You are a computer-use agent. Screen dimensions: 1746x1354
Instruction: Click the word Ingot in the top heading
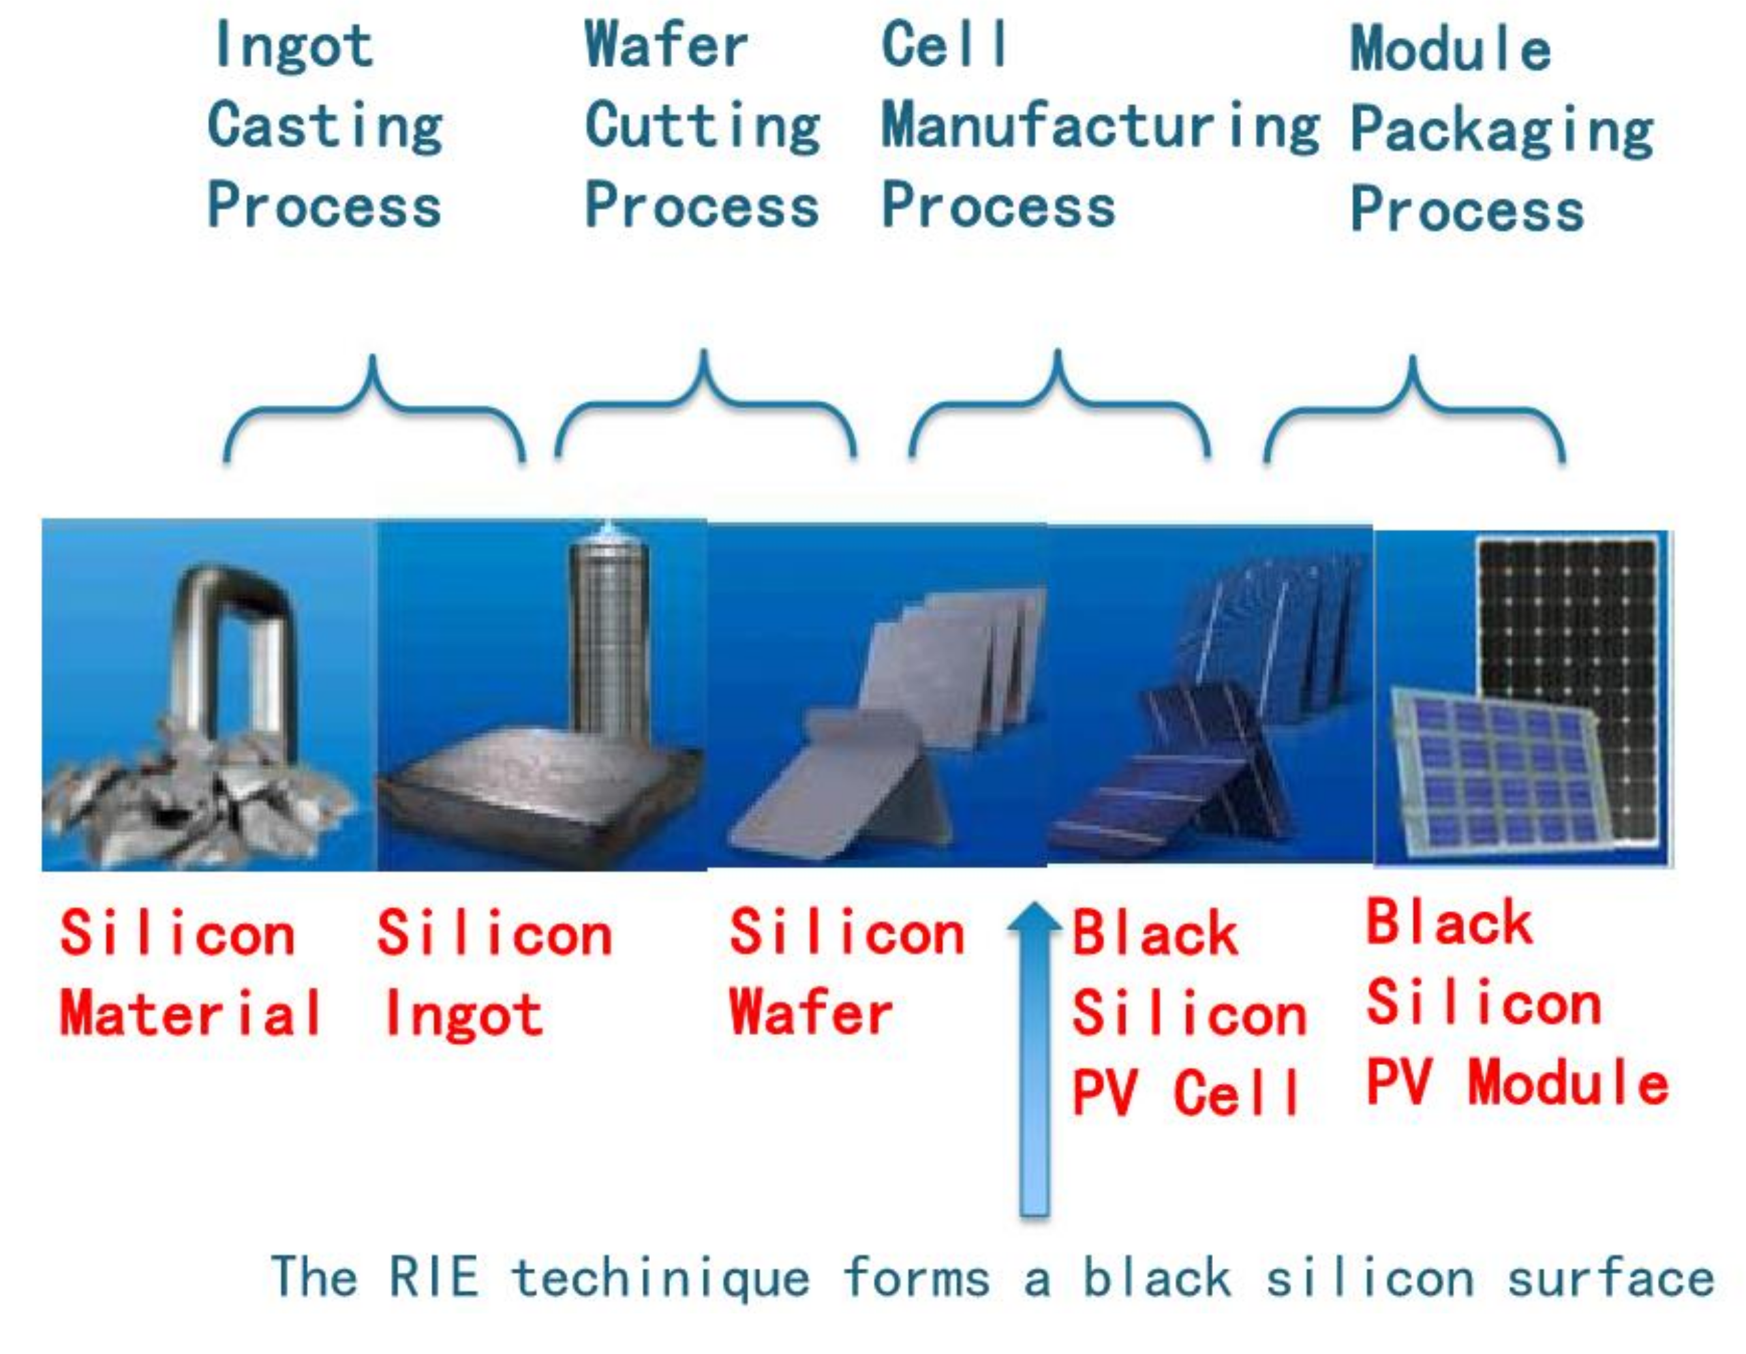294,47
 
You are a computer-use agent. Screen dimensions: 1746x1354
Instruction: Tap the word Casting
324,127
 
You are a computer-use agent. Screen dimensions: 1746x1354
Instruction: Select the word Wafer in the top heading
666,45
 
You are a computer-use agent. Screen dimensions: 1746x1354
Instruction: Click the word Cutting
703,127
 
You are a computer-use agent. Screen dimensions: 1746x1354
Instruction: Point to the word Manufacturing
1100,127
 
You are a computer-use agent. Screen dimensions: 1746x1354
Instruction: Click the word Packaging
1502,130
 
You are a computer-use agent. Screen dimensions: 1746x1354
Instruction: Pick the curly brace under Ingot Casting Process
374,408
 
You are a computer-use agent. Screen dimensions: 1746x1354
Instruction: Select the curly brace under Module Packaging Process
1413,408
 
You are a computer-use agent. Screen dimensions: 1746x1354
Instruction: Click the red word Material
191,1013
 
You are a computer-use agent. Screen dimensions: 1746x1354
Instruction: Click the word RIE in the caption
433,1276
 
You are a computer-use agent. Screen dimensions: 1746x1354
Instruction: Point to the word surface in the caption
1610,1276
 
